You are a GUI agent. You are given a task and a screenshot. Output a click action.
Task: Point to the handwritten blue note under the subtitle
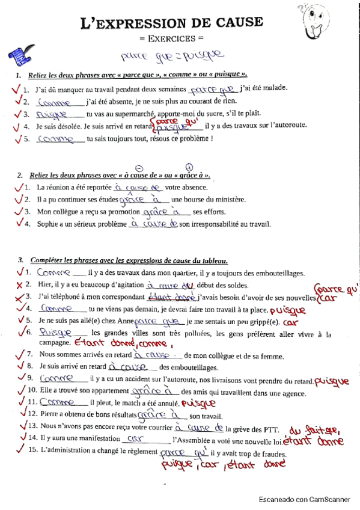[171, 57]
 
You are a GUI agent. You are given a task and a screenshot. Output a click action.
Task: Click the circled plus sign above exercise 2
[189, 167]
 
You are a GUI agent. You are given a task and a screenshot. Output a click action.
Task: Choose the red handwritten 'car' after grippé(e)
[291, 323]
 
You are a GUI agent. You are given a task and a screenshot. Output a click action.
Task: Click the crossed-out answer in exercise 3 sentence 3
[171, 296]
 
